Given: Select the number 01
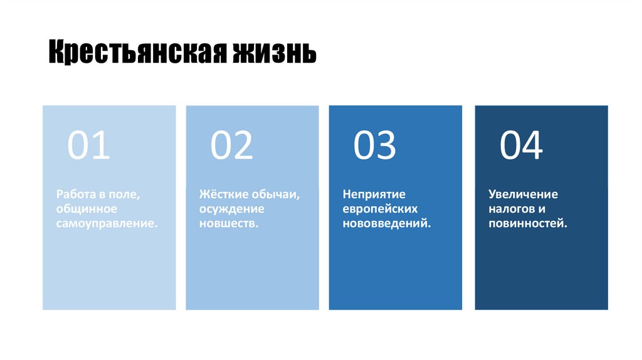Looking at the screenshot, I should [88, 145].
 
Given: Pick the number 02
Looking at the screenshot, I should [231, 145].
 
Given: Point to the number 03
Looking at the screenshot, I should [375, 145].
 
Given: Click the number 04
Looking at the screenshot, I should [521, 145].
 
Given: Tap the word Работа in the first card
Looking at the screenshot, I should [74, 194].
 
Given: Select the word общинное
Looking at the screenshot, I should [87, 209].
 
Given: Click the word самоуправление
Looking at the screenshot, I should [107, 223].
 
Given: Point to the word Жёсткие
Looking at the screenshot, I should [223, 194].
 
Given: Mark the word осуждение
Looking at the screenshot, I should [232, 209].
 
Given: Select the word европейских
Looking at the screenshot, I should [380, 209].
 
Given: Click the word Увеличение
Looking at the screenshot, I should [523, 194].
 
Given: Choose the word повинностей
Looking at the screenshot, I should [528, 223].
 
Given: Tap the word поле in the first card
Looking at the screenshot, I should [126, 194].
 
